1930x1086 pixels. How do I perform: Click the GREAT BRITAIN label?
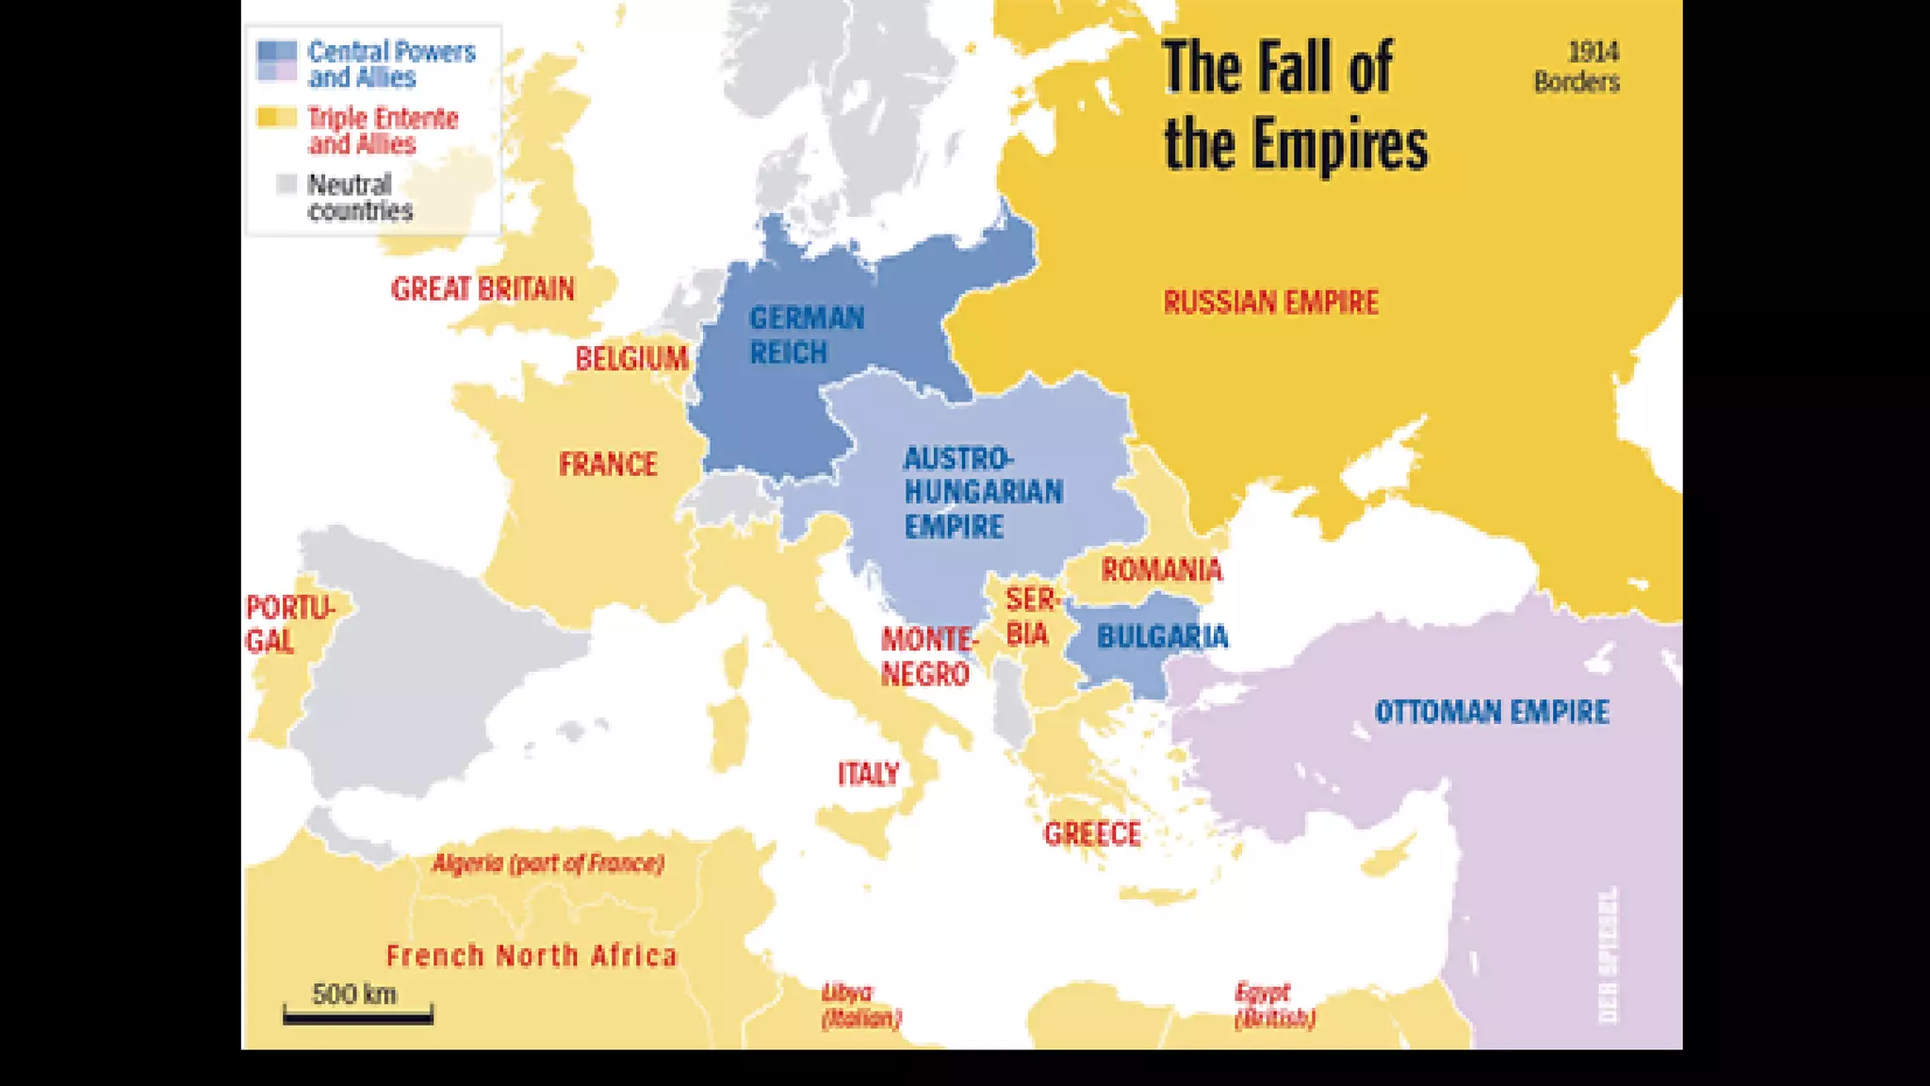[482, 288]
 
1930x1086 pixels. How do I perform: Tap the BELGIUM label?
[631, 358]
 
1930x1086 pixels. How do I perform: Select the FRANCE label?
[608, 464]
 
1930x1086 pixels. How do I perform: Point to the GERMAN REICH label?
[806, 335]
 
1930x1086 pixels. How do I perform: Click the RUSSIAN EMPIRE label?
[1270, 303]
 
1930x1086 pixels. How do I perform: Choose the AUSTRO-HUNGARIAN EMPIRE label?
[983, 492]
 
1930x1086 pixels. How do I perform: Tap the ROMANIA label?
[1161, 569]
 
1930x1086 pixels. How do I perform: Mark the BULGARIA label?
[1162, 637]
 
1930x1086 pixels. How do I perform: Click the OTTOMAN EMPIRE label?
[1491, 712]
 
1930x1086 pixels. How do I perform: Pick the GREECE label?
[1092, 833]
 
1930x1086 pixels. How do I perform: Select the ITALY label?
[868, 774]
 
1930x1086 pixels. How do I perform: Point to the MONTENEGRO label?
[927, 657]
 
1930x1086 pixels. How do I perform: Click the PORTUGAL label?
[287, 624]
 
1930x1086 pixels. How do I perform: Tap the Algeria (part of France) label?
[548, 863]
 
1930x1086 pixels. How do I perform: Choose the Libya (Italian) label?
[860, 1005]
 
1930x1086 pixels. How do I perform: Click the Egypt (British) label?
[1274, 1005]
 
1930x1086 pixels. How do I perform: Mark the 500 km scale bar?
[358, 1014]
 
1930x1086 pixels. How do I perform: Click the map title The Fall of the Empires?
[1295, 106]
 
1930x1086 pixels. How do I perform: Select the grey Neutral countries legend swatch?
[286, 185]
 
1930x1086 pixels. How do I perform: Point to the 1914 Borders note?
[1577, 67]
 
